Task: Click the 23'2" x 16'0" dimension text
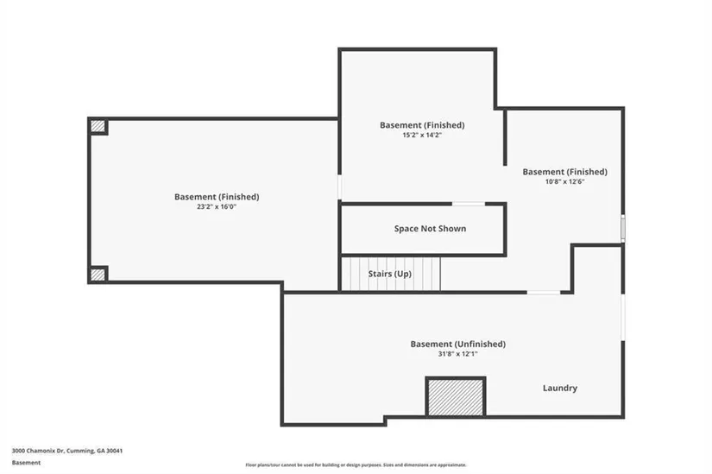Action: [x=217, y=207]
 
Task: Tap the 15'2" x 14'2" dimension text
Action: [x=422, y=136]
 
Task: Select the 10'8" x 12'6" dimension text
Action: [x=564, y=182]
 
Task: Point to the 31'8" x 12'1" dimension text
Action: [x=457, y=354]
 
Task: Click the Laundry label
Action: [x=560, y=388]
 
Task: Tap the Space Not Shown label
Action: [x=430, y=229]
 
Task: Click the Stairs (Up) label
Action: [x=389, y=274]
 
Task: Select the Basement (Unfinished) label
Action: [x=457, y=344]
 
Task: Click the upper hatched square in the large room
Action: [x=98, y=126]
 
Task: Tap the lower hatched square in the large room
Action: [x=98, y=275]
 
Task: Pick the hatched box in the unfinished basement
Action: [x=455, y=397]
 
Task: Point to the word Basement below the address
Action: [x=26, y=463]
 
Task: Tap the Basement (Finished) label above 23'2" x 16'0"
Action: [x=217, y=197]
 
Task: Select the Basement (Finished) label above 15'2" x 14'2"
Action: [x=422, y=125]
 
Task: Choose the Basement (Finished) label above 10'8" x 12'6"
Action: [x=564, y=172]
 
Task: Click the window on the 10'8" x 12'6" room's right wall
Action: [x=622, y=228]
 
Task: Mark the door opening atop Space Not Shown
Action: [x=469, y=204]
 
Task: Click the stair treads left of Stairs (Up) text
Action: [x=352, y=274]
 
